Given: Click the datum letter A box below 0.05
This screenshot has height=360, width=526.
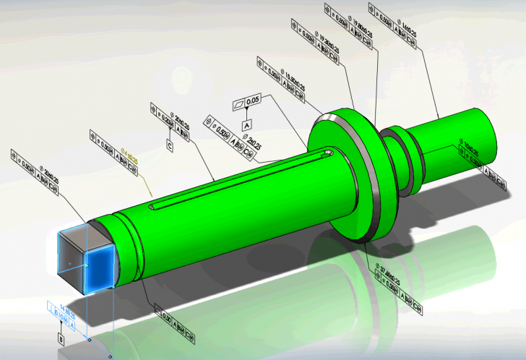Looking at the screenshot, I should (x=247, y=125).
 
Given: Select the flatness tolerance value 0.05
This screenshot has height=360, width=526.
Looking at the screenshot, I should (x=253, y=103).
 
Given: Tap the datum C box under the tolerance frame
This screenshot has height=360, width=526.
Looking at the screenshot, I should (x=170, y=147).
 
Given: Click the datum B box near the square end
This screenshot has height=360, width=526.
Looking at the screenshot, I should (x=61, y=336).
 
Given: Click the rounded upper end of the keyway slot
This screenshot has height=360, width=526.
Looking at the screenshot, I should (x=328, y=153).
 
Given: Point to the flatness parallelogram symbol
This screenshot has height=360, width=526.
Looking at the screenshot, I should (x=238, y=104).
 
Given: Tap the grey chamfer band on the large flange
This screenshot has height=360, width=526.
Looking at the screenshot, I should (x=376, y=181).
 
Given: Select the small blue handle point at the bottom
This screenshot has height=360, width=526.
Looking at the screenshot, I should (x=110, y=356).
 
